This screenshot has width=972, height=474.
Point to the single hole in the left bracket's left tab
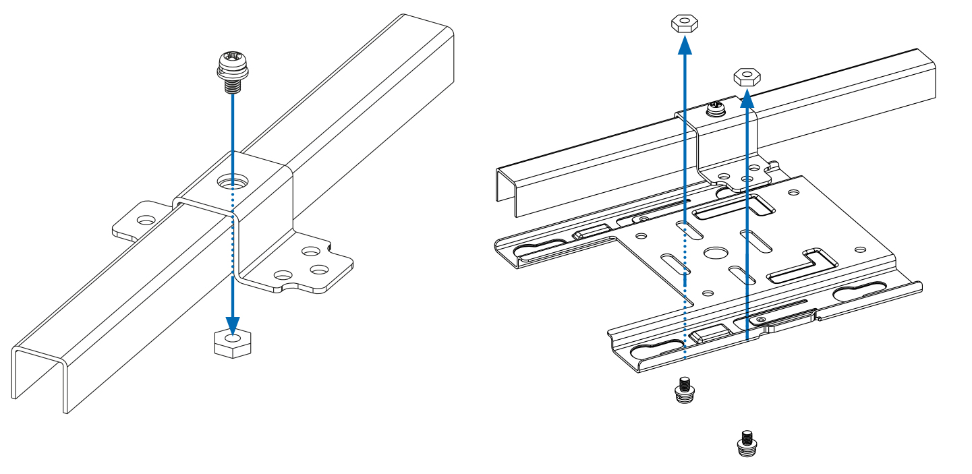tap(144, 220)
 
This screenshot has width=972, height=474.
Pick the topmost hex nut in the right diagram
tap(684, 25)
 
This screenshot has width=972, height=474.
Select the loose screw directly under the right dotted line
tap(685, 391)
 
